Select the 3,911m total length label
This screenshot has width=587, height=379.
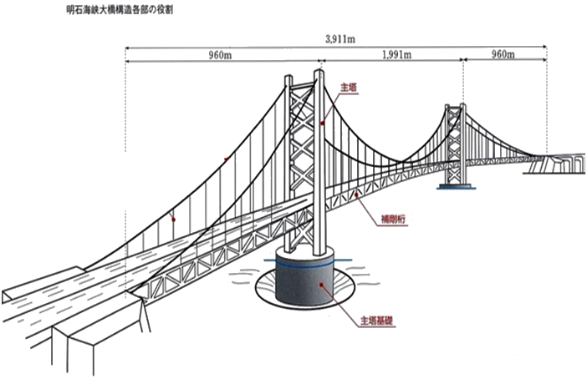(x=339, y=38)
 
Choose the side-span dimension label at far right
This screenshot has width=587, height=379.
(x=503, y=55)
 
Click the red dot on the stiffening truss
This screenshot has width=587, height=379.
(x=358, y=194)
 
